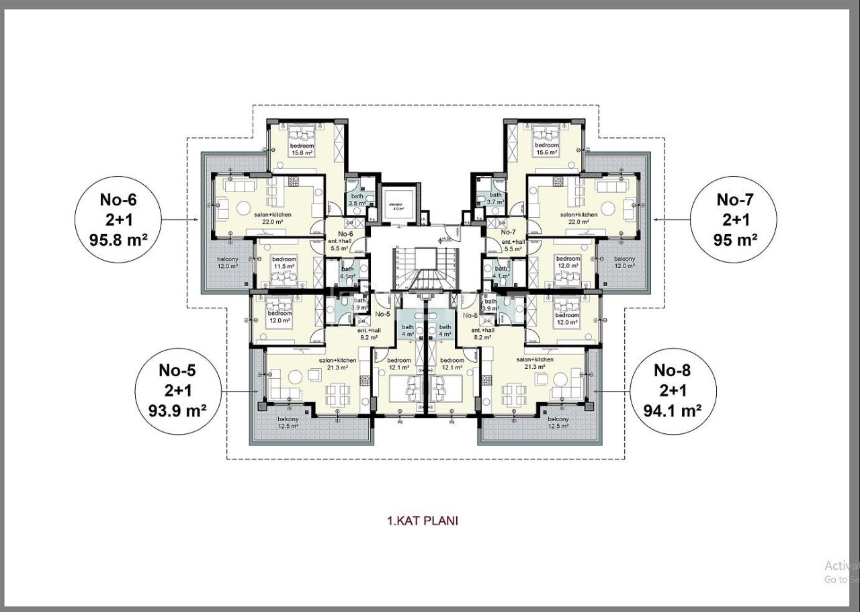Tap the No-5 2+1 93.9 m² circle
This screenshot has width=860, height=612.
[177, 390]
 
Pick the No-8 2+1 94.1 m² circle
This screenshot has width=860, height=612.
[673, 390]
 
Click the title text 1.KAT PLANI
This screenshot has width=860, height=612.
[423, 521]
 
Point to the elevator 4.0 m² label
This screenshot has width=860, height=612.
[398, 206]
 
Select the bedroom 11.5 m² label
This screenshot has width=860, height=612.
[284, 263]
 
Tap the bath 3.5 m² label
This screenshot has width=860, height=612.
[357, 200]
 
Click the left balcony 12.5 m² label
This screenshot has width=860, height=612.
[289, 423]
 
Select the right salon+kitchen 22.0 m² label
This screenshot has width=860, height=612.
[578, 218]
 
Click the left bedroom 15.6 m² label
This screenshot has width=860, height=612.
[302, 149]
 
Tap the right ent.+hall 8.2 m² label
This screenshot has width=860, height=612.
[483, 334]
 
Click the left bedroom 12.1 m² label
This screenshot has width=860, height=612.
[399, 364]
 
